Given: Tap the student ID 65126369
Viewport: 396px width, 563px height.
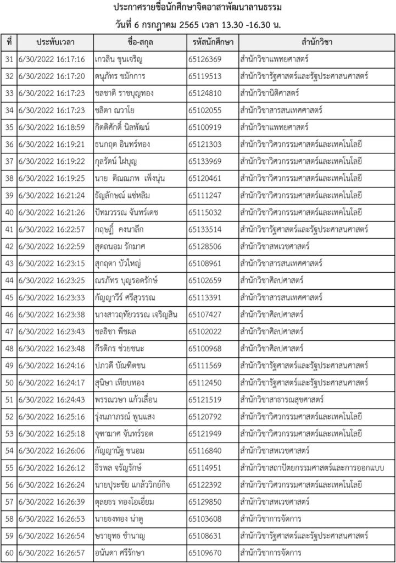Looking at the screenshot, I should tap(204, 59).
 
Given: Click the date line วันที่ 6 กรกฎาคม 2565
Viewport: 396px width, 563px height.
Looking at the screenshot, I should tap(198, 25).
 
